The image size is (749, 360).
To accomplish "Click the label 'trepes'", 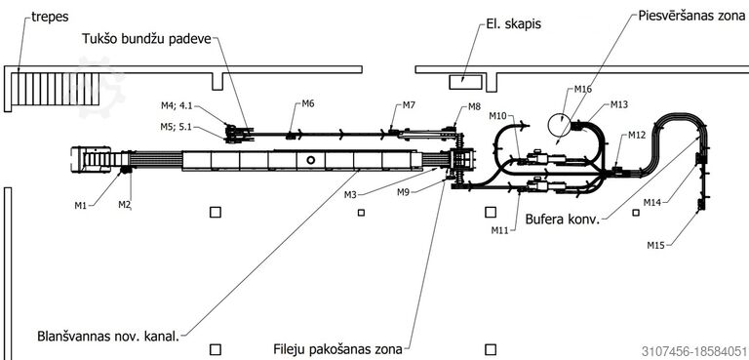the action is pyautogui.click(x=50, y=18).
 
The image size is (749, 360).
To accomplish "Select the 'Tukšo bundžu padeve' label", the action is pyautogui.click(x=146, y=39).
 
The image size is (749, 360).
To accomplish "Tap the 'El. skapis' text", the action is pyautogui.click(x=513, y=23).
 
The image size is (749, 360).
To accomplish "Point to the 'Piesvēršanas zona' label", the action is pyautogui.click(x=691, y=16).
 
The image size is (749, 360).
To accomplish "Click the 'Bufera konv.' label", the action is pyautogui.click(x=562, y=220).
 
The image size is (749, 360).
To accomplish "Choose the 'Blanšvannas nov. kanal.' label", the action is pyautogui.click(x=108, y=336).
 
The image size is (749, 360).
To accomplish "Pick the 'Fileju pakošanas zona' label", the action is pyautogui.click(x=337, y=349).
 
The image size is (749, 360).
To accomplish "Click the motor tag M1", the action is pyautogui.click(x=81, y=206).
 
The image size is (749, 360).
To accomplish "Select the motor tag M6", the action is pyautogui.click(x=307, y=103).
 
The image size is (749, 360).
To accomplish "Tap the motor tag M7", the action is pyautogui.click(x=408, y=105).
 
